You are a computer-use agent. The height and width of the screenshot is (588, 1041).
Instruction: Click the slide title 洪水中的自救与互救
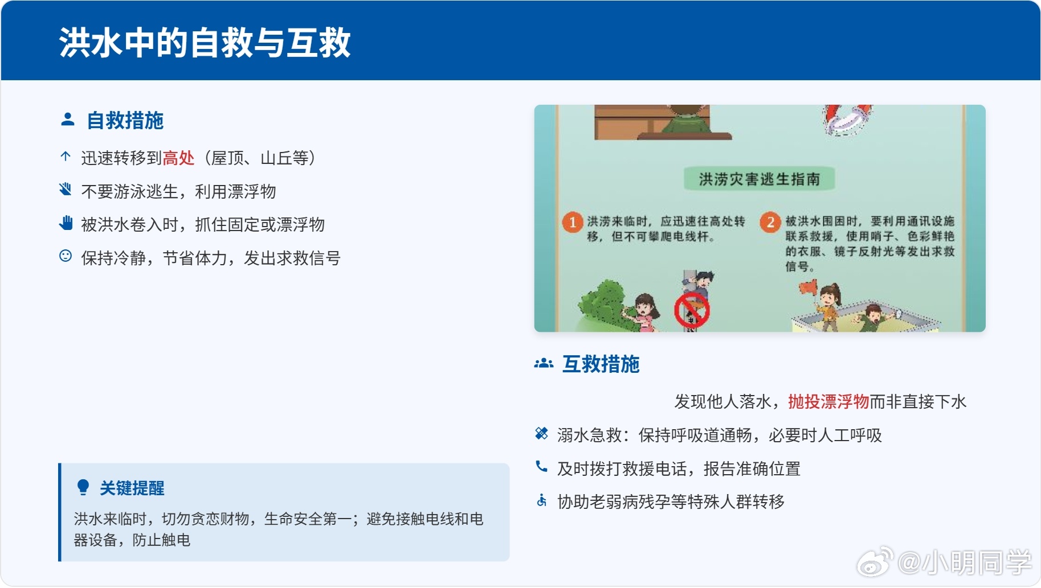pos(205,43)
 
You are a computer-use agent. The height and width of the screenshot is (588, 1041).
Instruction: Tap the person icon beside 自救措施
pos(68,120)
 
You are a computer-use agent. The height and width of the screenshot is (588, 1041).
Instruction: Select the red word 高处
pos(178,158)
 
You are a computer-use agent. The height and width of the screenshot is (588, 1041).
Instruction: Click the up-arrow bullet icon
pos(66,157)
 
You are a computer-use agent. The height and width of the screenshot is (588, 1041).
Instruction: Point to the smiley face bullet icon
pos(66,256)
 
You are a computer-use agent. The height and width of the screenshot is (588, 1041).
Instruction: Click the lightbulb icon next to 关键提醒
pos(83,487)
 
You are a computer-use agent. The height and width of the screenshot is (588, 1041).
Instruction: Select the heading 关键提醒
pos(132,488)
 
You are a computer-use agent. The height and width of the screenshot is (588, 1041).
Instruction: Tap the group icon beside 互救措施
pos(544,363)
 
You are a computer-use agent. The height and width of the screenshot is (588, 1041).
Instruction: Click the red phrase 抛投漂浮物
pos(828,402)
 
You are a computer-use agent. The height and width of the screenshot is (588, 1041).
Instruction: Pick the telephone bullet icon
pos(541,467)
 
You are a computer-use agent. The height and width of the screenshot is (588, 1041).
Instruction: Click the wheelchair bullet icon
pos(541,500)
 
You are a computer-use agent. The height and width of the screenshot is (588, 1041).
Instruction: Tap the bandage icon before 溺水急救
pos(541,434)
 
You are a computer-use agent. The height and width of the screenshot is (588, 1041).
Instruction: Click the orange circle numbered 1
pos(573,222)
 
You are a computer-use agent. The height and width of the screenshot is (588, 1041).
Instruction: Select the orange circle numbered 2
pos(770,222)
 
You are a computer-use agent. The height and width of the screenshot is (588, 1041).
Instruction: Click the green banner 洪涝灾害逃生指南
pos(760,179)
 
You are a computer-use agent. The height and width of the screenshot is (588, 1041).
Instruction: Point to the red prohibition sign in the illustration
pos(692,311)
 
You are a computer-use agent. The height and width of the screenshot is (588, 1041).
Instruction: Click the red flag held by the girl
pos(808,287)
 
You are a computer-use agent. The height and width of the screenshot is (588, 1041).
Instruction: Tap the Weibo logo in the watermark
pos(875,562)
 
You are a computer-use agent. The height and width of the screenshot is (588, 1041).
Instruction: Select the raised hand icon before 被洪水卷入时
pos(66,223)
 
